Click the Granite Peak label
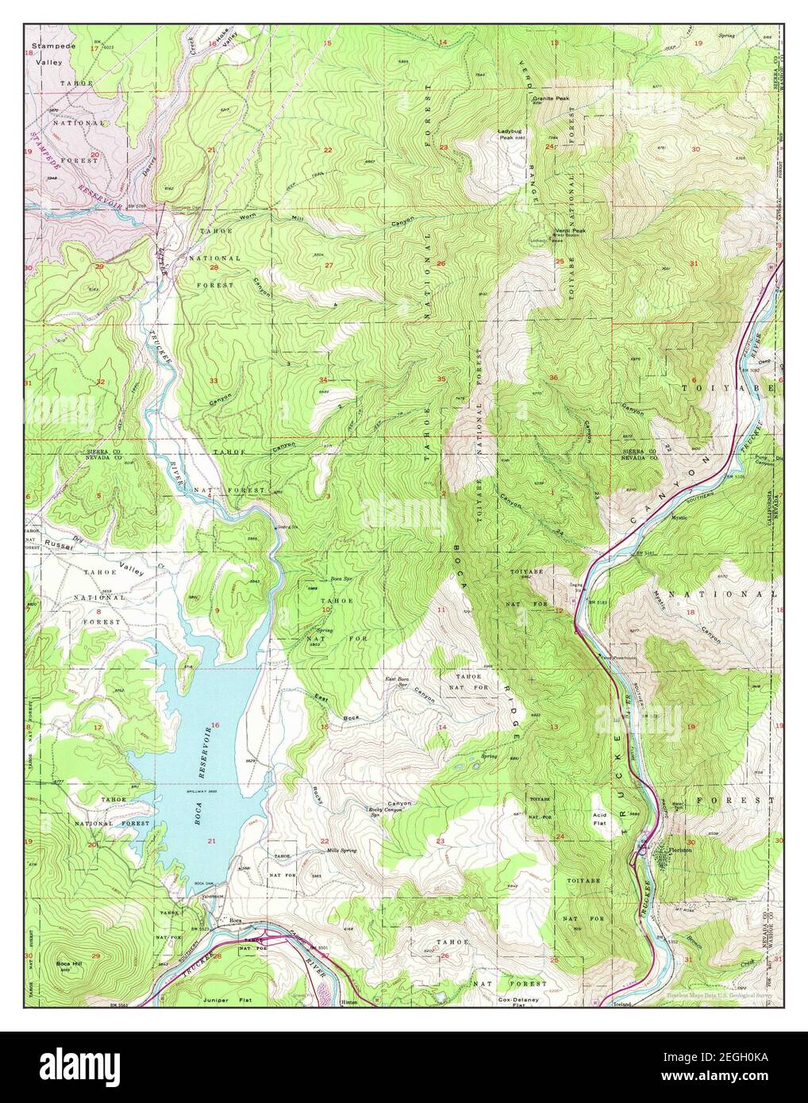click(x=551, y=98)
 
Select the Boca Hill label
click(x=69, y=964)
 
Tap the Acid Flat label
click(x=599, y=819)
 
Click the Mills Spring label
click(x=342, y=851)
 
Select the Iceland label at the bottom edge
click(x=621, y=1005)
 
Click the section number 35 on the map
click(x=441, y=379)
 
